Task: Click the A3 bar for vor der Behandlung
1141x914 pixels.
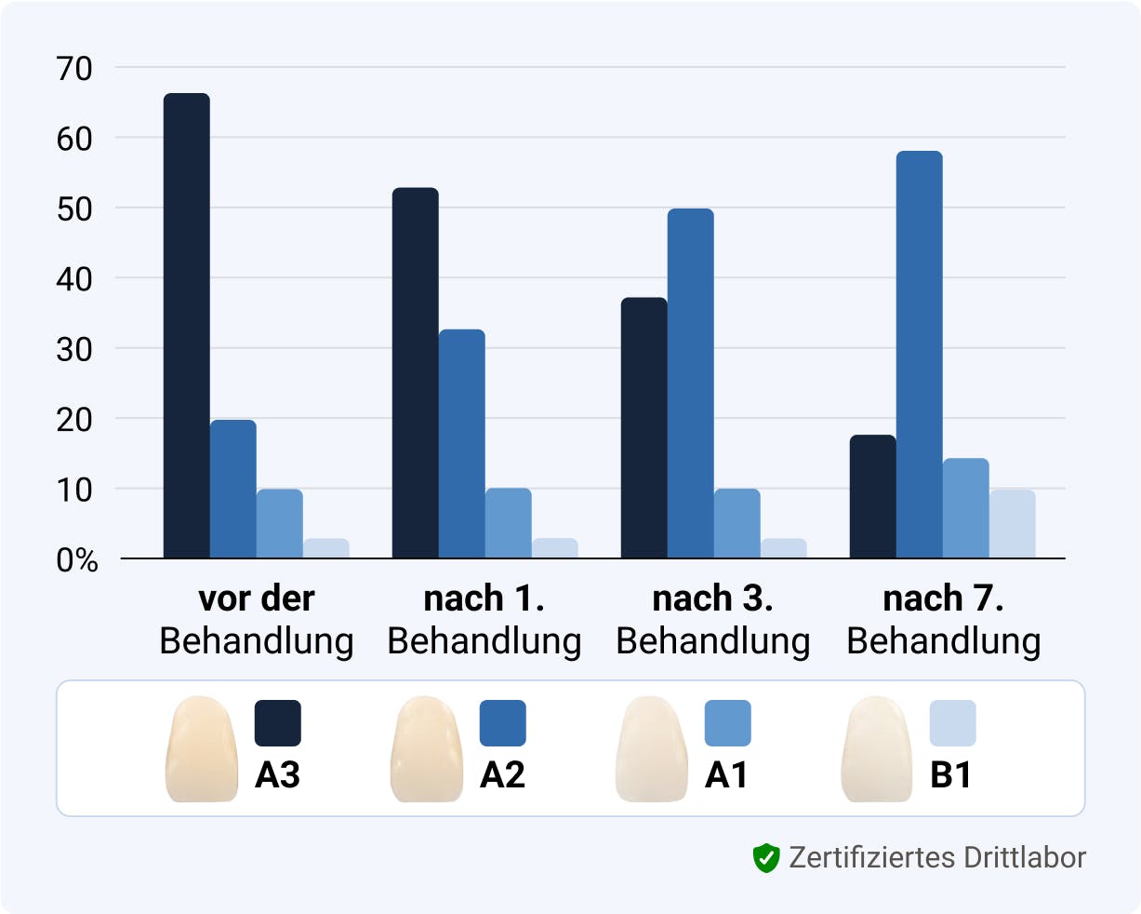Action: click(186, 326)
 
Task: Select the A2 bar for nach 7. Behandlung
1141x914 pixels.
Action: click(919, 355)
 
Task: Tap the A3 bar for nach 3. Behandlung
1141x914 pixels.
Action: click(643, 428)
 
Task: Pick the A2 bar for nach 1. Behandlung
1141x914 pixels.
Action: click(461, 444)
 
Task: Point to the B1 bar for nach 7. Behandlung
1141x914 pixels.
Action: click(1012, 524)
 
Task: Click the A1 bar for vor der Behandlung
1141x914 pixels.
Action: click(279, 524)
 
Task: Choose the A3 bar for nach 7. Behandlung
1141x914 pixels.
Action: click(872, 497)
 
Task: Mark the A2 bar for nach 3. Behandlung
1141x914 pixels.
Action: click(690, 383)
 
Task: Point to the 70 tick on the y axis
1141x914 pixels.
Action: click(74, 68)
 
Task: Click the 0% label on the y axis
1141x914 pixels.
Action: click(77, 560)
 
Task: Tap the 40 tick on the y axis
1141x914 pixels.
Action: click(74, 278)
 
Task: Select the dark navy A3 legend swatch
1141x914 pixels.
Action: click(278, 723)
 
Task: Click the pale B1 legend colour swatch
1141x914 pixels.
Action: click(953, 723)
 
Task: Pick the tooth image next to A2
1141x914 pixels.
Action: click(427, 748)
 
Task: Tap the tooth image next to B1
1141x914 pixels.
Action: click(877, 748)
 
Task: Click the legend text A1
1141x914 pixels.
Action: click(726, 775)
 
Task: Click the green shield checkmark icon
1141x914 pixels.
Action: click(765, 857)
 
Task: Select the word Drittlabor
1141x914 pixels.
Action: click(1026, 857)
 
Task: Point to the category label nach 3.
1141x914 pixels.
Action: click(713, 598)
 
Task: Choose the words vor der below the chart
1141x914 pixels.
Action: click(257, 598)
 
